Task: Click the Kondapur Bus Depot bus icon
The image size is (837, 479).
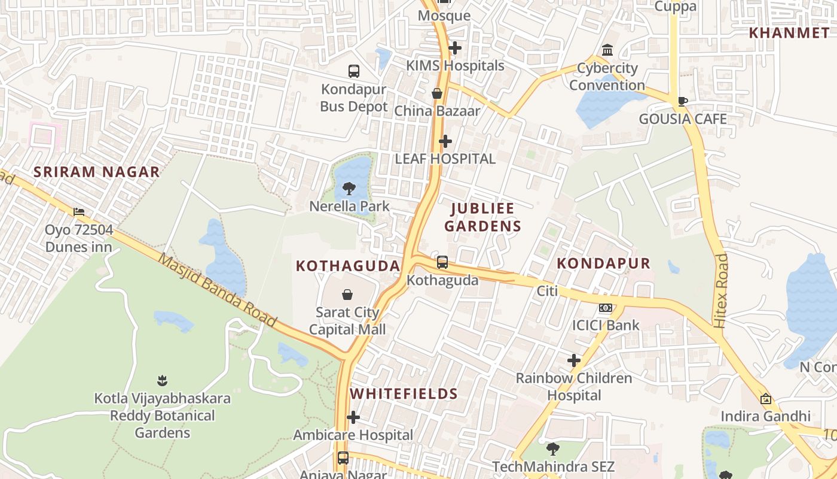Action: [354, 71]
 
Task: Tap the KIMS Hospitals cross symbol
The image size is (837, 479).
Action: [455, 48]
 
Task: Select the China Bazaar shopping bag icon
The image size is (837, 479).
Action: [437, 93]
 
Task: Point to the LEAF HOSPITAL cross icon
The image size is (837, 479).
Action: [445, 141]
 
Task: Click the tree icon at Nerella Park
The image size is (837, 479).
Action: [349, 189]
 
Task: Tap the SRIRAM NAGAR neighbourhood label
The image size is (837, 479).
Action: [96, 172]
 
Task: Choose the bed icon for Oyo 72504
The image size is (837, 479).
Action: [78, 211]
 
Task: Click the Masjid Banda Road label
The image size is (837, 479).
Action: [218, 290]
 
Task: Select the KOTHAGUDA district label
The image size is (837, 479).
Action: [347, 266]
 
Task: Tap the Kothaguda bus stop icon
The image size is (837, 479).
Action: [442, 262]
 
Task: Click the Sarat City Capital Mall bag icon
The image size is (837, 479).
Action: [347, 295]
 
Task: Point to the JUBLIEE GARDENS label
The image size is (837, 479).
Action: [483, 217]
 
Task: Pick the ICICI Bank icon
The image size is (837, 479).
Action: [606, 308]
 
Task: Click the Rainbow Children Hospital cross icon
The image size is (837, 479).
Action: [574, 360]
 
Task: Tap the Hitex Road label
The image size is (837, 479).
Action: [721, 290]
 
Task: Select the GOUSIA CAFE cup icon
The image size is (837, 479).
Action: [683, 101]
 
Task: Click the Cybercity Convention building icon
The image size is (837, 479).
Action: [608, 50]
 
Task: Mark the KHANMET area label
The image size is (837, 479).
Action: [789, 33]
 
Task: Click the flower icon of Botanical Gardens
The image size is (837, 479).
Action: [162, 380]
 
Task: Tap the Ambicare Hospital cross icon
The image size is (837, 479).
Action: [353, 417]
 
